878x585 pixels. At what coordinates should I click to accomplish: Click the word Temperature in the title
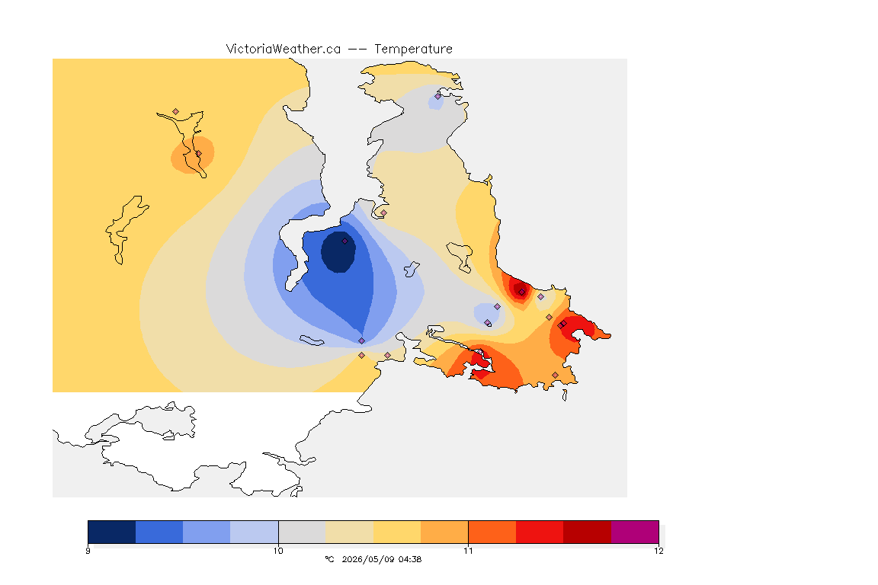click(x=413, y=50)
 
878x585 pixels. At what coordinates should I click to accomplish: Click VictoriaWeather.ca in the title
click(x=284, y=50)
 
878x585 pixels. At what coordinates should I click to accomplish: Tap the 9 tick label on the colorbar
click(x=88, y=551)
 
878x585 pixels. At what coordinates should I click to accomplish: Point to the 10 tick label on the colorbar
click(x=278, y=551)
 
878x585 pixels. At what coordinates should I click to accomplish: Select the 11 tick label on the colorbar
click(x=468, y=551)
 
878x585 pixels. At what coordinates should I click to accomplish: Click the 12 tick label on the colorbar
click(x=658, y=551)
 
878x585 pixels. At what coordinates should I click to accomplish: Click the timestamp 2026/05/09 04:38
click(x=381, y=559)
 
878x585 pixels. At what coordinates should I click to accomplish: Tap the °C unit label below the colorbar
click(x=329, y=559)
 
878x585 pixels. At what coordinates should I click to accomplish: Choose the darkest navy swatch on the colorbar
click(x=112, y=532)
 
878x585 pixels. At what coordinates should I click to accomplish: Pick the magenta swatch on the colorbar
click(x=634, y=532)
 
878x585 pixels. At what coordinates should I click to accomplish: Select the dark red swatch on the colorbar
click(x=587, y=532)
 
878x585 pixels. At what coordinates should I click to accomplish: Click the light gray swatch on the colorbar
click(x=302, y=532)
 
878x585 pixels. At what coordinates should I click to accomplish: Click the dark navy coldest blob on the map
click(x=338, y=252)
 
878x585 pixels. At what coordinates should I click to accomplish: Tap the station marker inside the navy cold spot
click(x=345, y=241)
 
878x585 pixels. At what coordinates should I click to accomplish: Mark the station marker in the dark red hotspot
click(x=521, y=292)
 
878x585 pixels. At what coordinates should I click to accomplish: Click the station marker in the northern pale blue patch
click(x=438, y=96)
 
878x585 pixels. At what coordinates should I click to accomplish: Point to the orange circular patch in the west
click(x=193, y=155)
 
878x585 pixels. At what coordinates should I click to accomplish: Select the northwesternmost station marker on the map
click(x=176, y=112)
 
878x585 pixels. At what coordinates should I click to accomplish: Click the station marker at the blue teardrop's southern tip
click(x=362, y=341)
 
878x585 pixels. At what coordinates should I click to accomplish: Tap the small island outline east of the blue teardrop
click(x=412, y=270)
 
